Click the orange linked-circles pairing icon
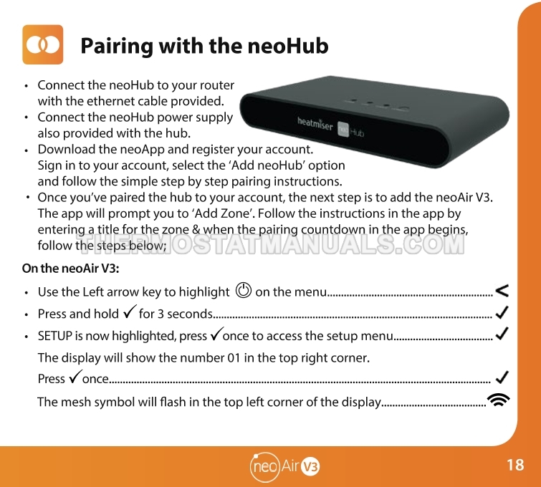(x=43, y=44)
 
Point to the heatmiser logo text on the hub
(x=315, y=123)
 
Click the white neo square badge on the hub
(x=343, y=129)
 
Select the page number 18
(x=515, y=465)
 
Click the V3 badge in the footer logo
(x=310, y=467)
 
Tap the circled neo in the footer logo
(x=264, y=467)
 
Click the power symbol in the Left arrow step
(x=243, y=290)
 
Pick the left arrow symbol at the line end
(x=502, y=290)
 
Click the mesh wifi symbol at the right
(x=498, y=400)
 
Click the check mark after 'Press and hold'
(x=130, y=312)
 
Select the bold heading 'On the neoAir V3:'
(x=71, y=269)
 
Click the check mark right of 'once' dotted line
(x=502, y=377)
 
